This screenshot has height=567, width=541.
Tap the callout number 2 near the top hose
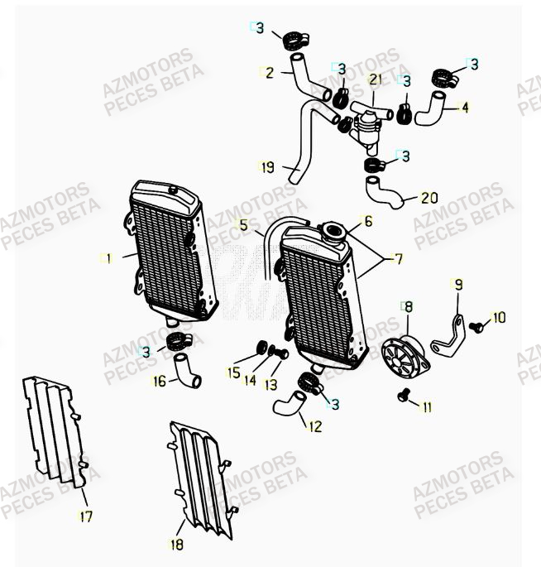269,72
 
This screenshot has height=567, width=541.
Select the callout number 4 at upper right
465,107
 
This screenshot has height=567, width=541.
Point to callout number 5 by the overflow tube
244,224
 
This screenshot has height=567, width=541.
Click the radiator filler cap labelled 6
333,229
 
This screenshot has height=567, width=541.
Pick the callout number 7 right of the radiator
398,259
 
